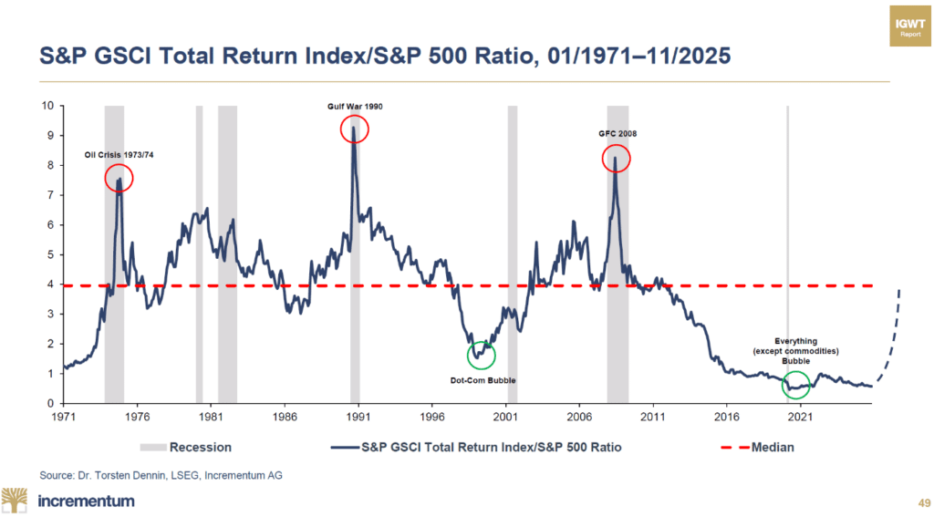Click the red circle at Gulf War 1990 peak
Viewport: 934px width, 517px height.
[x=354, y=129]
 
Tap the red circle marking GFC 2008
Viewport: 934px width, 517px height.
[x=617, y=160]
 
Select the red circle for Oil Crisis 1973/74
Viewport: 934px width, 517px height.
[x=119, y=179]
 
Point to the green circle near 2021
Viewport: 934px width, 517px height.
[x=795, y=386]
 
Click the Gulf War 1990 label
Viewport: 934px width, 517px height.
[x=356, y=107]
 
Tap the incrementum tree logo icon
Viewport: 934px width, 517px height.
[x=16, y=500]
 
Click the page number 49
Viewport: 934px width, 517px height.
[x=916, y=502]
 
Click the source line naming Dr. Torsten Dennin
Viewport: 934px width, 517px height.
[x=150, y=474]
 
